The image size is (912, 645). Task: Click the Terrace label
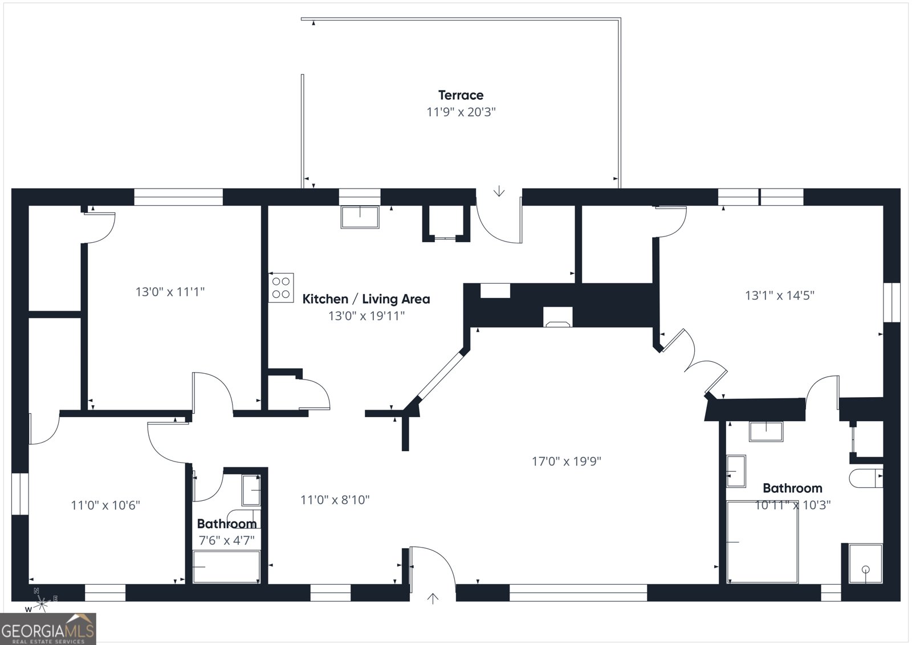click(461, 95)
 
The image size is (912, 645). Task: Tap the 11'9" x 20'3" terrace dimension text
click(461, 112)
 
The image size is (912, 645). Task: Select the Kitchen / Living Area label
click(366, 299)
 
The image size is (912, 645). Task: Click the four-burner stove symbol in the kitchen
click(281, 287)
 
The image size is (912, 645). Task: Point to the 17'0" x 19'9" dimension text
click(567, 461)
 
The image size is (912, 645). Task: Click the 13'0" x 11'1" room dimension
click(170, 292)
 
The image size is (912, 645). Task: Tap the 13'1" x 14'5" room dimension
click(779, 296)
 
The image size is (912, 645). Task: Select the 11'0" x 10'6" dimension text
click(105, 505)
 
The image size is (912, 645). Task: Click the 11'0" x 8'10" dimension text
click(335, 500)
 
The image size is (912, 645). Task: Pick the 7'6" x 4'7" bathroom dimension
click(226, 540)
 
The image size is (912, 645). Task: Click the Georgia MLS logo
click(48, 628)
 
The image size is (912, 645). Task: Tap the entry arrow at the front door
click(433, 598)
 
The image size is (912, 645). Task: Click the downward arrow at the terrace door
click(499, 191)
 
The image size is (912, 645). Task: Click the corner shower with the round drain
click(866, 564)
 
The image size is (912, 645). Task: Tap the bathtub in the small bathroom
click(226, 567)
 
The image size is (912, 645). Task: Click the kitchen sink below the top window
click(360, 217)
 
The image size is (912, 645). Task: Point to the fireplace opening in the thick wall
click(558, 317)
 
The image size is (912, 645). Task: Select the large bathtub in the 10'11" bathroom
click(762, 542)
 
